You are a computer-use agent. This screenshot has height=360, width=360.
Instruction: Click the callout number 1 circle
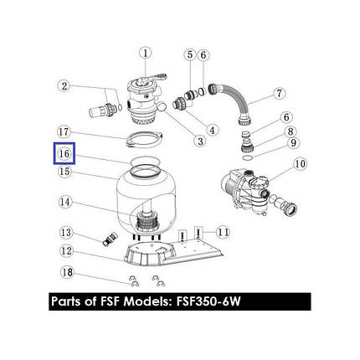pos(145,54)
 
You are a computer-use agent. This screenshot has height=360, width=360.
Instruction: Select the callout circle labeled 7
pos(280,93)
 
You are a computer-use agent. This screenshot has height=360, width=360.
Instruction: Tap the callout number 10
pos(300,164)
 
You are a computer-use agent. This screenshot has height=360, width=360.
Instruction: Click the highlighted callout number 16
pos(64,153)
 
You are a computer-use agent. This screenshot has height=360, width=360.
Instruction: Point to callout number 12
pos(66,251)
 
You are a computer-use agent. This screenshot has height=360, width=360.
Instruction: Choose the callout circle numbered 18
pos(67,272)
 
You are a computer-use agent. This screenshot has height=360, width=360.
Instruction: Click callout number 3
pos(200,141)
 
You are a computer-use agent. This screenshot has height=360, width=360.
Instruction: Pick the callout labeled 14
pos(65,202)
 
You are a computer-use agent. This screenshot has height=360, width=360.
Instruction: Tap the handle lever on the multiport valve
pos(152,78)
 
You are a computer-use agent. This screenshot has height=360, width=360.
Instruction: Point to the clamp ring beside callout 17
pos(144,139)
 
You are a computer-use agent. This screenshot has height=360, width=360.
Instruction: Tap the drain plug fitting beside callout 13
pos(110,239)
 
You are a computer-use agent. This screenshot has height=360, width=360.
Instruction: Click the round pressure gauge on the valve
pos(162,106)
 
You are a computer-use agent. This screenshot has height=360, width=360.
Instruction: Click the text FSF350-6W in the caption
pos(208,301)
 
